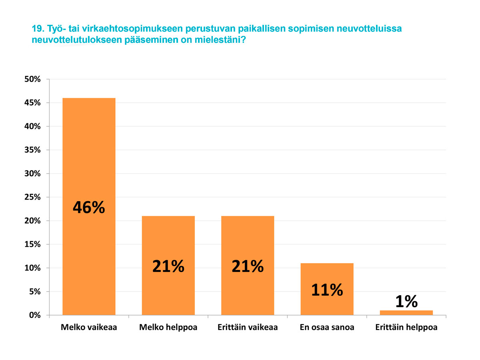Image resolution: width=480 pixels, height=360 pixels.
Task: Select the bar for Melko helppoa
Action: click(x=168, y=240)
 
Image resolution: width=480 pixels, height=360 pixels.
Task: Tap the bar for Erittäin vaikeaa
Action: click(x=248, y=240)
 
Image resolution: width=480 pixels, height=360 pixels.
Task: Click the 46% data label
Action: click(x=89, y=208)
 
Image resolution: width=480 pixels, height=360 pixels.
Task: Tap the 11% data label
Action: click(x=327, y=290)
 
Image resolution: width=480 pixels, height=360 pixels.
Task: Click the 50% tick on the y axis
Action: click(x=33, y=79)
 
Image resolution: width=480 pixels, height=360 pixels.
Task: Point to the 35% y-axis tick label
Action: click(x=33, y=150)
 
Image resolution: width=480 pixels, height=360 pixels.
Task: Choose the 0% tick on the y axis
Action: click(x=35, y=315)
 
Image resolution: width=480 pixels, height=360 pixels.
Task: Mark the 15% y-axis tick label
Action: click(x=33, y=244)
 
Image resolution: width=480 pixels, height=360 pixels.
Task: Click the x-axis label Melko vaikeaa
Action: click(x=89, y=328)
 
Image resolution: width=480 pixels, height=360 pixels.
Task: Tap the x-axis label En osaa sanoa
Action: click(x=327, y=328)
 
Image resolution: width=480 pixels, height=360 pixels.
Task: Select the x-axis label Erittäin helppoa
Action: click(x=406, y=328)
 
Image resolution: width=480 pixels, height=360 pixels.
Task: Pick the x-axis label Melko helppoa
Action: click(x=168, y=328)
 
